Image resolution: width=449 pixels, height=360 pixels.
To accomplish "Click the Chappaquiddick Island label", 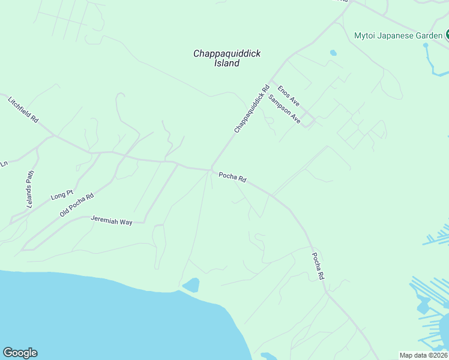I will [227, 58].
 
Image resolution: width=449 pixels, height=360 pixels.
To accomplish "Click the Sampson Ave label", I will [284, 109].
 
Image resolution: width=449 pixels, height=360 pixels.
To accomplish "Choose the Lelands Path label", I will [32, 190].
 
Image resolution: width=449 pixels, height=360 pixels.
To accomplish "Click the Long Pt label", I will [62, 195].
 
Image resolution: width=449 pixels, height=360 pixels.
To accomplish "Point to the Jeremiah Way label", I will [111, 220].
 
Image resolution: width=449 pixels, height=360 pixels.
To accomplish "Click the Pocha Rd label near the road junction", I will [232, 177].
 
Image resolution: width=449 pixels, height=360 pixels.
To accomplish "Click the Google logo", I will [20, 353].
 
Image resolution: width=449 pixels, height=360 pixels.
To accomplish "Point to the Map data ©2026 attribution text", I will [423, 355].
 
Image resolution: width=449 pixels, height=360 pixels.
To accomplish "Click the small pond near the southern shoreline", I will [191, 284].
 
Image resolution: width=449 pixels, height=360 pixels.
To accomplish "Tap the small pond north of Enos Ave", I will [333, 53].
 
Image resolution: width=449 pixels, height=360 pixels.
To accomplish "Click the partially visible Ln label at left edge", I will [4, 163].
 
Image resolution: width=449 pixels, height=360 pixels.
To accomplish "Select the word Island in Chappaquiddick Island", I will [227, 63].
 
